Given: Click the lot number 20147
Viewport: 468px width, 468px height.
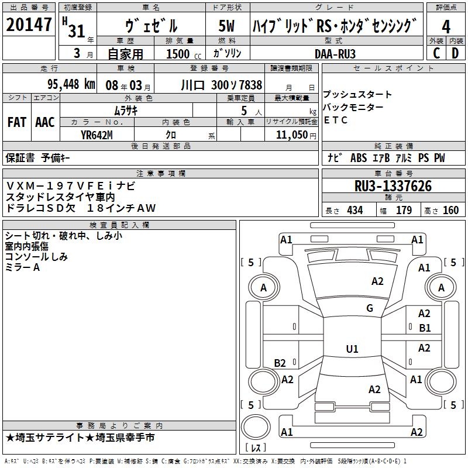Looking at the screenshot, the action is pos(29,25).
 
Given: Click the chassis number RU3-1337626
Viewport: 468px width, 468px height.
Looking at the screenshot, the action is pos(393,186).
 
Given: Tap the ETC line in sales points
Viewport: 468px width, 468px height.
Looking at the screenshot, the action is pos(335,121).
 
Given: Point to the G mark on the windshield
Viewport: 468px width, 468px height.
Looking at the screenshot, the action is pos(369,308).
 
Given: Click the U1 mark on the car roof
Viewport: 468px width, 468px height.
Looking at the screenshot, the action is pos(352,349).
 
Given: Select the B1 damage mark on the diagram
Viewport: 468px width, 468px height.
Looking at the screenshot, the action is pos(425,328).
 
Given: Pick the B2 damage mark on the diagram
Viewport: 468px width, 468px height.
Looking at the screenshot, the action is pos(280,363).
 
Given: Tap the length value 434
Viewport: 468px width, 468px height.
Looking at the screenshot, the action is pos(354,211).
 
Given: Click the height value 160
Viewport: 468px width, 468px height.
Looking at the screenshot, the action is pos(450,211).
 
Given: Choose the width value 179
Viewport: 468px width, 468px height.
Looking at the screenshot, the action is pos(404,211).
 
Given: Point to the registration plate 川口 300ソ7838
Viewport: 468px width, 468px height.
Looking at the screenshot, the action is pos(221,85).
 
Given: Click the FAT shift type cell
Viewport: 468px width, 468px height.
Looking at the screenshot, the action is pos(16,122).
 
